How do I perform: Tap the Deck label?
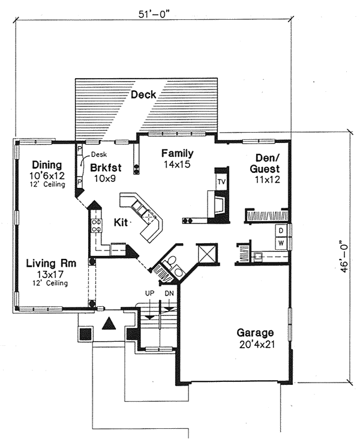tap(143, 94)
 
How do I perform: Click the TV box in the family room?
tap(221, 181)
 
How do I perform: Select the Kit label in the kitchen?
tap(120, 222)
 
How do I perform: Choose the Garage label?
tap(255, 332)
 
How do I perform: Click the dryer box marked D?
tap(280, 231)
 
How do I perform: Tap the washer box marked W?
tap(280, 243)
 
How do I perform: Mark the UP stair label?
tap(150, 292)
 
